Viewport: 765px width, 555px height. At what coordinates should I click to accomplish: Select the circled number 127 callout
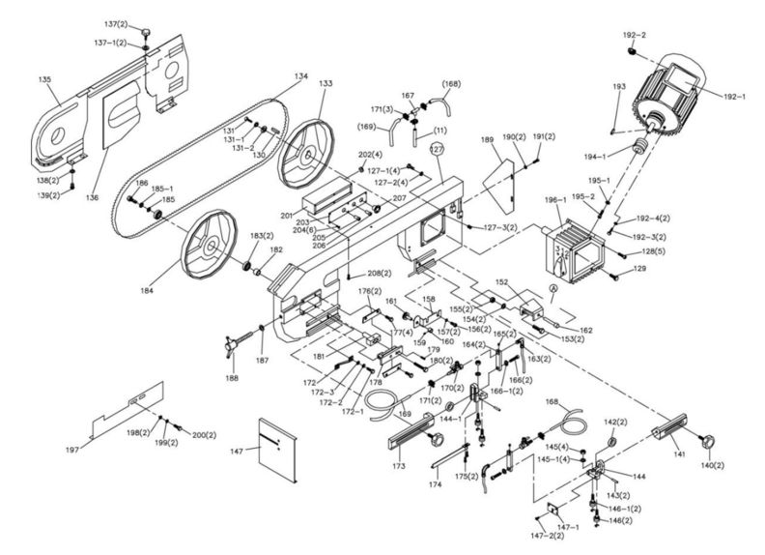coord(436,149)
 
